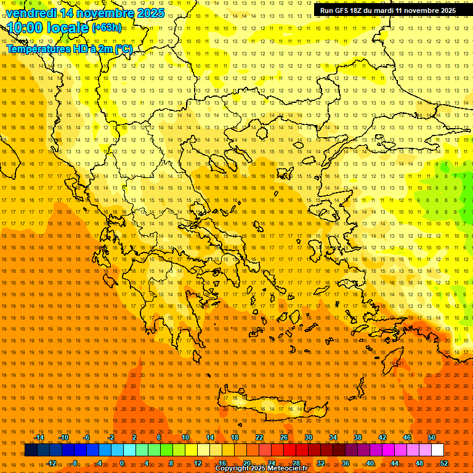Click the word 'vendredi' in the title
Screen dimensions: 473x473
(x=31, y=13)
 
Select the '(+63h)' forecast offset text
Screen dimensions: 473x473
(x=107, y=28)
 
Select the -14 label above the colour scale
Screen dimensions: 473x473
(x=39, y=437)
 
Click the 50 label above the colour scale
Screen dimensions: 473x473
(x=432, y=437)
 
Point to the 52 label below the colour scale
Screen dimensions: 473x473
(x=444, y=463)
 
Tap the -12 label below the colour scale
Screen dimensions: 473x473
(x=51, y=463)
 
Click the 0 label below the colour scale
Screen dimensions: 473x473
(x=122, y=463)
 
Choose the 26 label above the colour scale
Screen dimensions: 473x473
(x=284, y=437)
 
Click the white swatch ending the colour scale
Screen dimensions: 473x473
(x=438, y=450)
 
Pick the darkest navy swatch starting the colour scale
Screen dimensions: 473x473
(x=31, y=450)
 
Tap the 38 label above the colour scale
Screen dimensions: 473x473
(x=358, y=437)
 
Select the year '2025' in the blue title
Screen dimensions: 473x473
(x=150, y=13)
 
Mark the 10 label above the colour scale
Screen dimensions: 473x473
(x=185, y=437)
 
